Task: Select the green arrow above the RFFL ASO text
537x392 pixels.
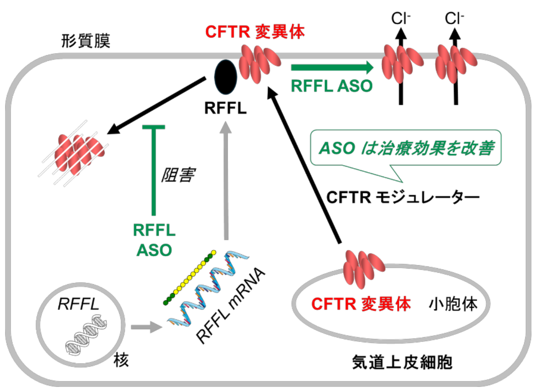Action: [x=331, y=67]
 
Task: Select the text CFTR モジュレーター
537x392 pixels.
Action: [x=403, y=197]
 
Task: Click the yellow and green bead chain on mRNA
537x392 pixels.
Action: [x=190, y=278]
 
